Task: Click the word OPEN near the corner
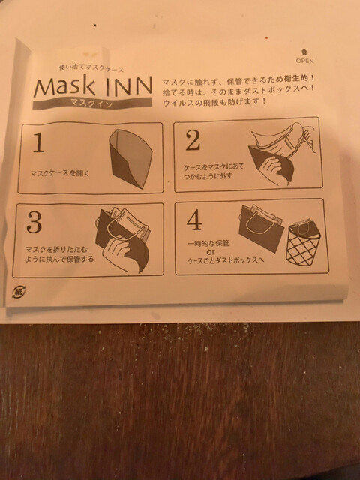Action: click(304, 61)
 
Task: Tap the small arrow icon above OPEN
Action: click(304, 52)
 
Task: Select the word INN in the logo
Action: click(128, 85)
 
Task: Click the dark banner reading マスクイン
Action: click(92, 103)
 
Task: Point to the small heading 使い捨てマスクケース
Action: click(91, 68)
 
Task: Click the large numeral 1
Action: click(38, 142)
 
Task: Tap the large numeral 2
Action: click(193, 140)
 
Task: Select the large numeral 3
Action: click(34, 222)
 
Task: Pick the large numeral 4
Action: click(194, 220)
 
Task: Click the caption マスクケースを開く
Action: click(60, 173)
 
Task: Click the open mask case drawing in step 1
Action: click(130, 158)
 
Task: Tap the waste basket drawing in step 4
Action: click(303, 244)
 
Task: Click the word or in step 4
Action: click(211, 252)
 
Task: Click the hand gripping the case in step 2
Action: click(273, 169)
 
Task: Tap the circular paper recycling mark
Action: click(19, 292)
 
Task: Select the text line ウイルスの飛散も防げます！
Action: click(215, 102)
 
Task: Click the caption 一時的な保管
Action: click(208, 244)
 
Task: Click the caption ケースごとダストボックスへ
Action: click(226, 260)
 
